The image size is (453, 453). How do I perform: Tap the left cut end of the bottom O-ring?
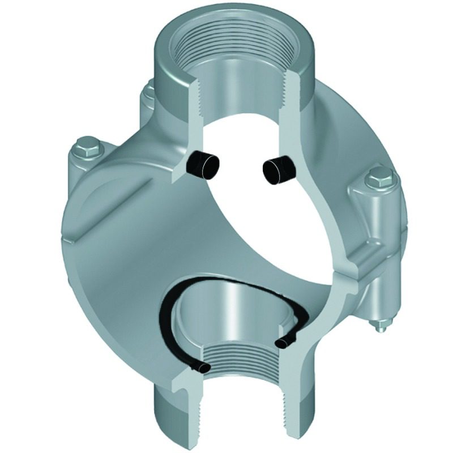[x=202, y=369]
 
